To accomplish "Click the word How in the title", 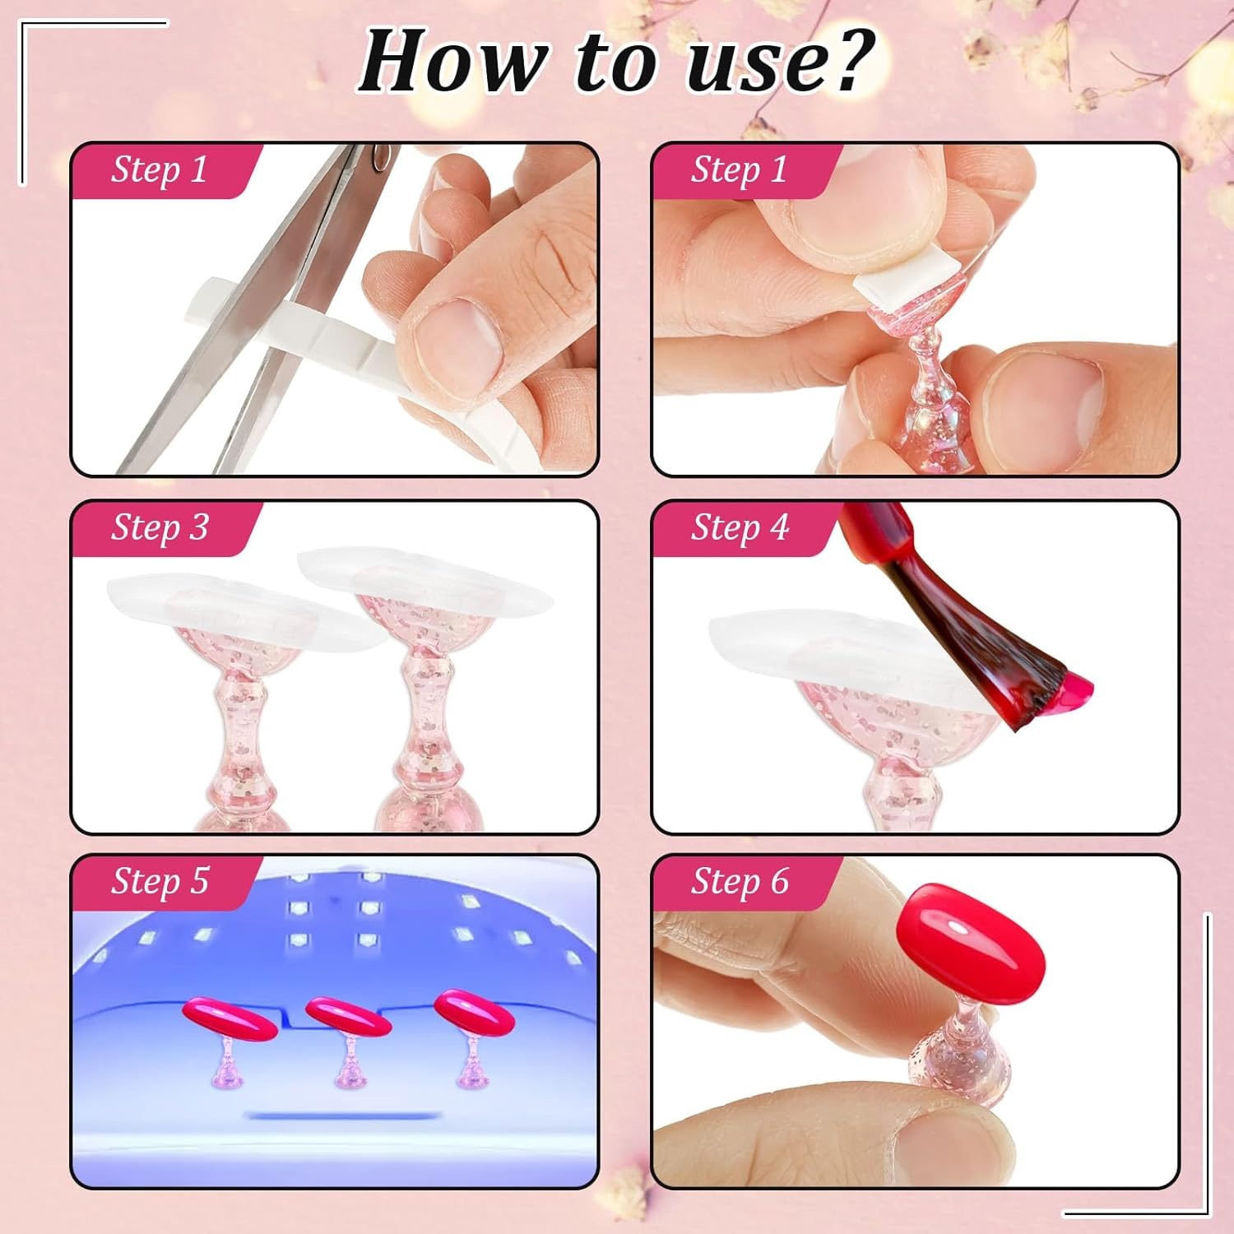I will pyautogui.click(x=453, y=63).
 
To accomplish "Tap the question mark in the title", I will pyautogui.click(x=843, y=59).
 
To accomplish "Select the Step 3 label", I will pyautogui.click(x=160, y=527).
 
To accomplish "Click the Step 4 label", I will pyautogui.click(x=740, y=527).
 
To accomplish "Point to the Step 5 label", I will pyautogui.click(x=160, y=881).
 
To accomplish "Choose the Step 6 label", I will pyautogui.click(x=740, y=881).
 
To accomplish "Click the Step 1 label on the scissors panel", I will pyautogui.click(x=160, y=169).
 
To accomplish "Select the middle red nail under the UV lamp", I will pyautogui.click(x=347, y=1017).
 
